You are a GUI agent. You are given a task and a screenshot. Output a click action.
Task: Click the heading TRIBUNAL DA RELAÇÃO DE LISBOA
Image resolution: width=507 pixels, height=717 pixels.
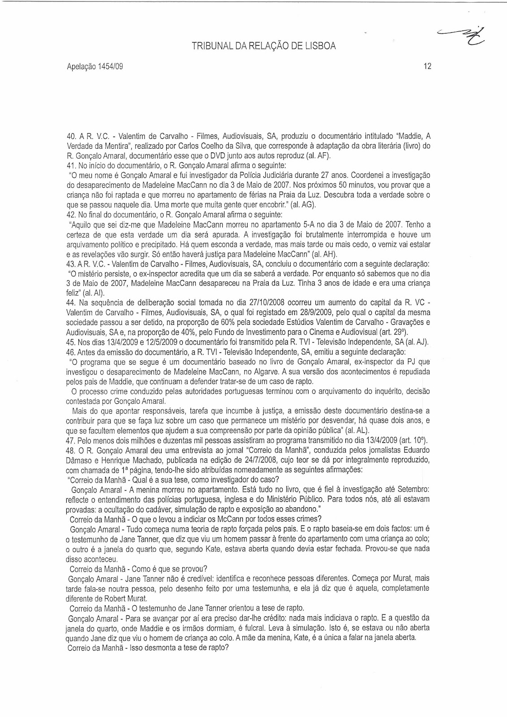point(263,46)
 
